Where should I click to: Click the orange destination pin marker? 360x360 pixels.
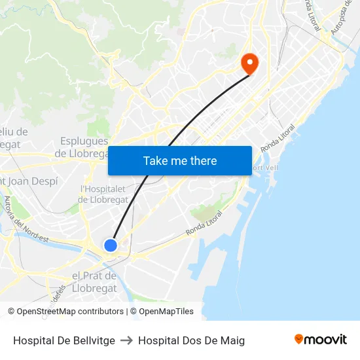pos(249,62)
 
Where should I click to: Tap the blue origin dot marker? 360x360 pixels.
pos(111,245)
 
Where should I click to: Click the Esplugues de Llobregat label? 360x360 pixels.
pos(84,147)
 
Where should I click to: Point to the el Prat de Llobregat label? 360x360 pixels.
pos(94,282)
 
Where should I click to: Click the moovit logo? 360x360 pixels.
pos(320,339)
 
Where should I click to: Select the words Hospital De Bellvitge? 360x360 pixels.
pos(64,340)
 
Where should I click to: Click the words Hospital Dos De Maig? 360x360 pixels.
pos(191,340)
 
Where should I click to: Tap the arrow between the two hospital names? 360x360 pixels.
pos(126,340)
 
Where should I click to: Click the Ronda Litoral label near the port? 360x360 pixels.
pos(204,223)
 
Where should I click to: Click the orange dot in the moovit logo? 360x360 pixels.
pos(299,339)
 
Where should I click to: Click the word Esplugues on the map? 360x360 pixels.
pos(84,141)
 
